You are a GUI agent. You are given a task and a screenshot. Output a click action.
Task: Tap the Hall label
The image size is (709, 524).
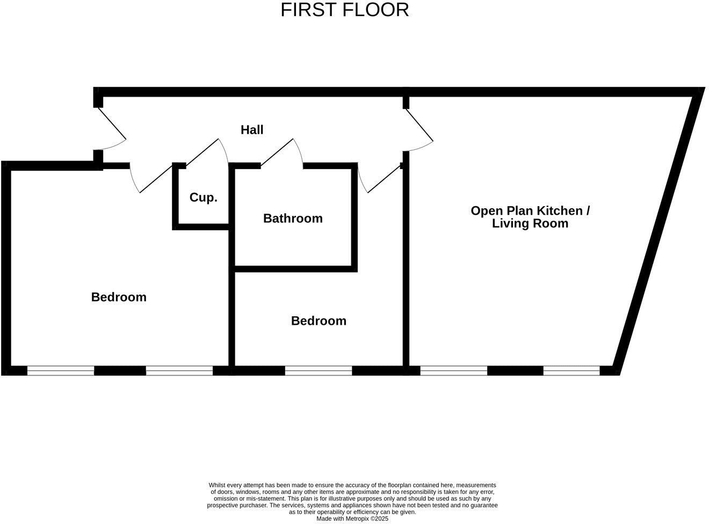(x=252, y=130)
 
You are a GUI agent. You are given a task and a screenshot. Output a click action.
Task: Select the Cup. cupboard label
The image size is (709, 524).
(x=204, y=198)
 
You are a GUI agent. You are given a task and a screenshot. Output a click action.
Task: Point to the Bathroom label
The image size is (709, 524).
(x=293, y=219)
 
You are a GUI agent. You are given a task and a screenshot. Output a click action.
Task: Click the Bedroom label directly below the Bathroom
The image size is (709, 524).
(x=319, y=321)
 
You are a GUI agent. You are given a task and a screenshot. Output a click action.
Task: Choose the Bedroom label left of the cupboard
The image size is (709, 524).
(x=119, y=297)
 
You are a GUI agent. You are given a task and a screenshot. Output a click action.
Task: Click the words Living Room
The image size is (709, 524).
(x=530, y=224)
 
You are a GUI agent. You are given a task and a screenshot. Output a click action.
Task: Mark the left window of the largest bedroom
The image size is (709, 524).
(x=61, y=370)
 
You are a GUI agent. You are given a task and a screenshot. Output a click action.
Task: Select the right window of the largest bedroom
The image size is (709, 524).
(x=179, y=370)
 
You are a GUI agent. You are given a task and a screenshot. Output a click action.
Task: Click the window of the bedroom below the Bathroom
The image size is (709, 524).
(x=319, y=370)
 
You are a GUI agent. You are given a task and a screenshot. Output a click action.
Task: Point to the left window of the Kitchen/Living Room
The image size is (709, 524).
(x=454, y=370)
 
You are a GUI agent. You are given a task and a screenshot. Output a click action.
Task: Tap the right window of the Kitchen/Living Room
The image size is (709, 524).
(x=571, y=370)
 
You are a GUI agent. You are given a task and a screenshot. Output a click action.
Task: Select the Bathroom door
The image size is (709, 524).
(x=282, y=152)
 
